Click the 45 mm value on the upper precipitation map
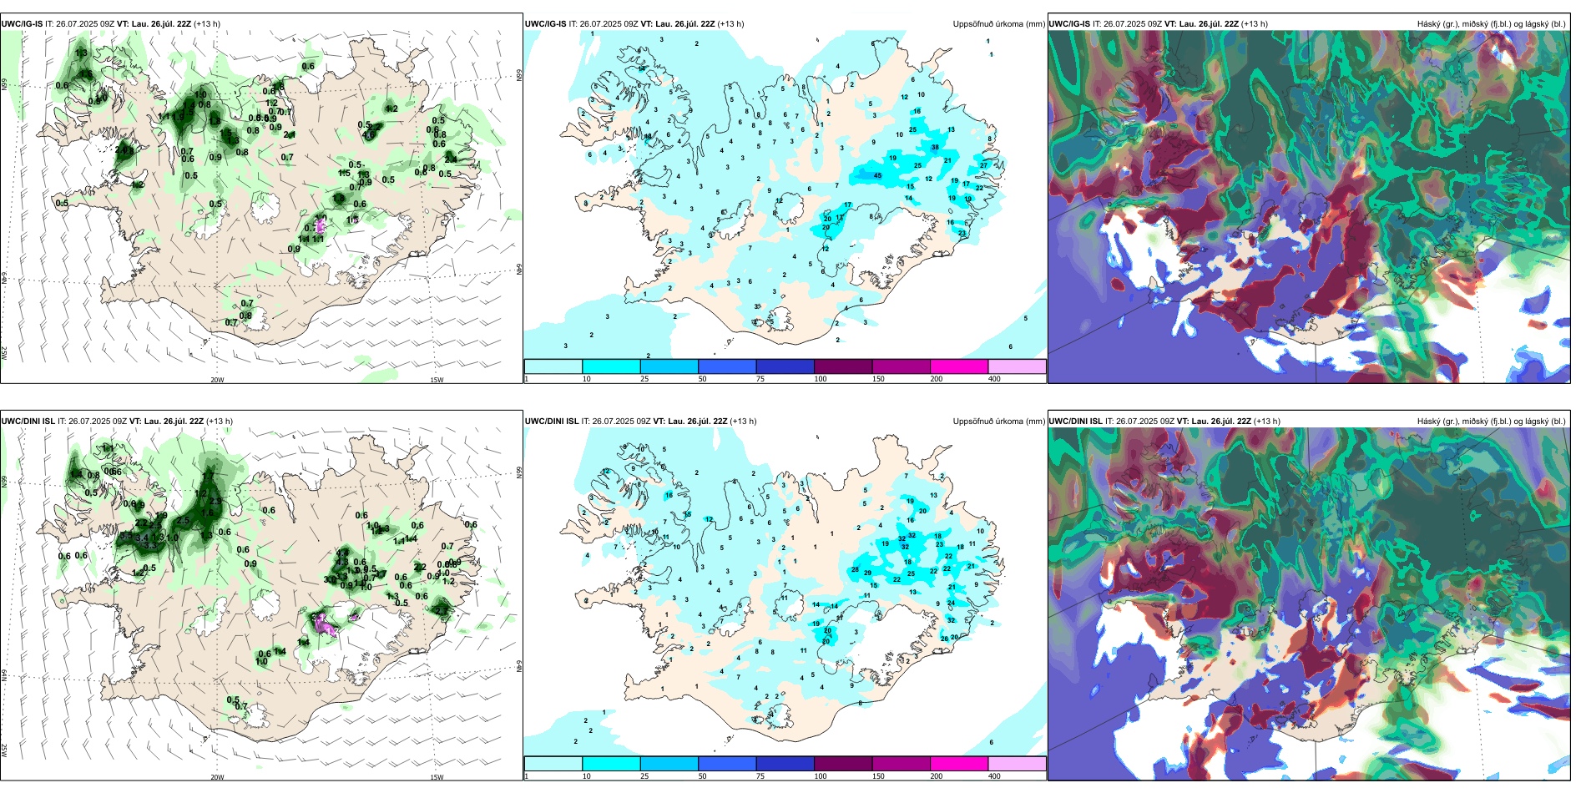point(877,175)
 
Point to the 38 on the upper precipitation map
point(935,148)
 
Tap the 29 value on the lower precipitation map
point(868,573)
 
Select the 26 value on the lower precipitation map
point(944,639)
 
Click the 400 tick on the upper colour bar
point(994,379)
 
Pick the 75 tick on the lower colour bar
point(760,776)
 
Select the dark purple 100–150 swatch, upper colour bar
point(842,366)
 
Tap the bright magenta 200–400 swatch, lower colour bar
point(958,764)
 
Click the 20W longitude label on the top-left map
point(217,380)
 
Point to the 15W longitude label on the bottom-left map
point(437,777)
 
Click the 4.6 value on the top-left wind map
point(368,134)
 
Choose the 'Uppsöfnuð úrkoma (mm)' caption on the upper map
point(998,24)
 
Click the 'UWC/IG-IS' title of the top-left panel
point(22,24)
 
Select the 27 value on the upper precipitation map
point(983,165)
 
